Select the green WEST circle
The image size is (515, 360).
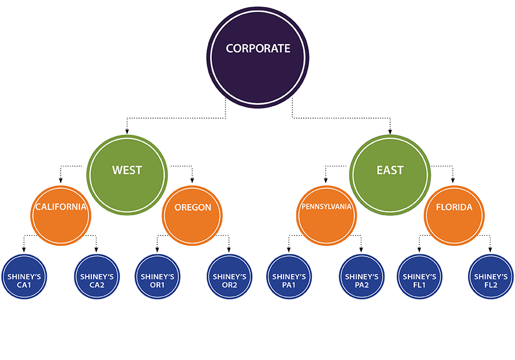tap(127, 171)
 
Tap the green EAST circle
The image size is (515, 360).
tap(390, 171)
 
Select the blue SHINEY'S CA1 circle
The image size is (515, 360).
tap(25, 276)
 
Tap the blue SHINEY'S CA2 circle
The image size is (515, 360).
tap(97, 276)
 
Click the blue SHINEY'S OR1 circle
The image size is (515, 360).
tap(157, 276)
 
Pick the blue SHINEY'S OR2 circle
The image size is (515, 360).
tap(229, 276)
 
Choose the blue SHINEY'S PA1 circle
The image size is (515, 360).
tap(288, 276)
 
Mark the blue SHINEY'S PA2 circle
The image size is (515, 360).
tap(361, 276)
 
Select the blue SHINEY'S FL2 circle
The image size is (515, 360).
tap(490, 276)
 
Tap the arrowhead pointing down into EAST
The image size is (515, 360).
tap(390, 131)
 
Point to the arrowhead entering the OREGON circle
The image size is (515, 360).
tap(192, 180)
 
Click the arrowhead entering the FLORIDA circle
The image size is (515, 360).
tap(453, 180)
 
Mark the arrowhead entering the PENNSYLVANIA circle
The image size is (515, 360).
tap(325, 180)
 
